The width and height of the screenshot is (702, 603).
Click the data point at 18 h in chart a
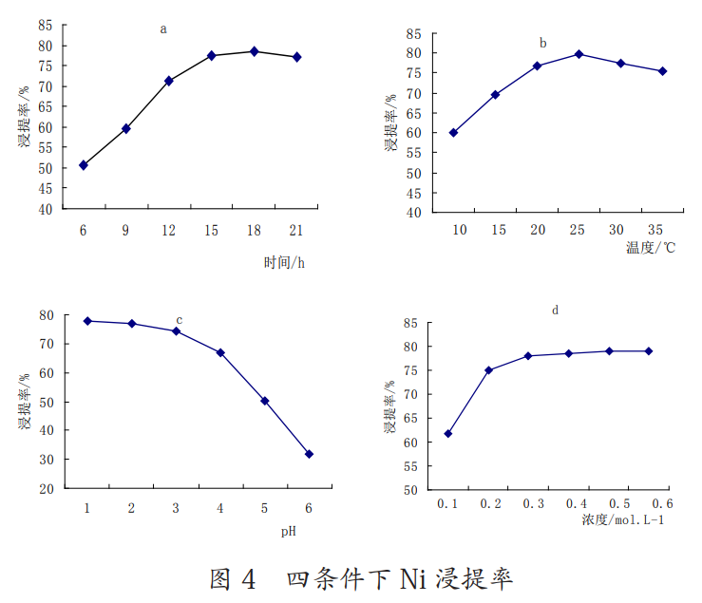tap(254, 51)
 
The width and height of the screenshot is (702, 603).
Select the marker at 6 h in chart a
tap(84, 165)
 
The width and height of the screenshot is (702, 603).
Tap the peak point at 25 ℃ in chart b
tap(578, 54)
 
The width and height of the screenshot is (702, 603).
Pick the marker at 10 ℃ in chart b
tap(453, 133)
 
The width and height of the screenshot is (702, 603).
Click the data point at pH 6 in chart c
tap(309, 454)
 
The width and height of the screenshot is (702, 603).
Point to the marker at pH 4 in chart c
tap(220, 352)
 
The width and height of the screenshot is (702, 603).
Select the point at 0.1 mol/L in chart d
tap(447, 433)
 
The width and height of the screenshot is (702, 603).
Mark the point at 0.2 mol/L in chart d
tap(489, 369)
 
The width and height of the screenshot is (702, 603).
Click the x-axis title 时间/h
tap(284, 263)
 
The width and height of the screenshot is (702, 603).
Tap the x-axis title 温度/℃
tap(651, 249)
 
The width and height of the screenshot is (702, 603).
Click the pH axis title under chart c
tap(288, 531)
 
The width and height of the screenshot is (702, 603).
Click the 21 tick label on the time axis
tap(295, 231)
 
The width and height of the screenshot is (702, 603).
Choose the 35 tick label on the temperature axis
tap(655, 231)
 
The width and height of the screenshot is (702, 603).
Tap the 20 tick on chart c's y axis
tap(46, 488)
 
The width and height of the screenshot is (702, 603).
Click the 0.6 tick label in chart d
tap(662, 503)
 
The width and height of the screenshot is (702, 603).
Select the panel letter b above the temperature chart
tap(542, 43)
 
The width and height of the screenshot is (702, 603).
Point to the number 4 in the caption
tap(249, 578)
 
